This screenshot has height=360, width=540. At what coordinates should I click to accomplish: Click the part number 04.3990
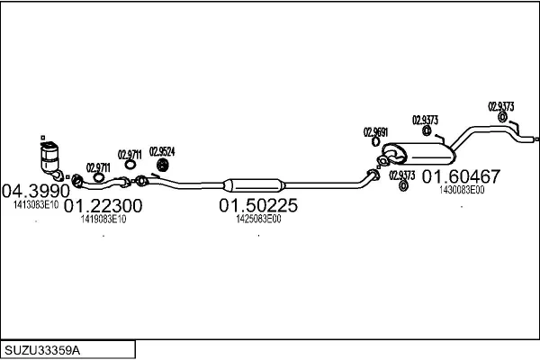[x=35, y=191]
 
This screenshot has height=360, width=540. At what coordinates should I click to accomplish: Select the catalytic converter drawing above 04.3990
[x=50, y=160]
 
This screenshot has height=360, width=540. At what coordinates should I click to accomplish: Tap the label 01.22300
[x=103, y=205]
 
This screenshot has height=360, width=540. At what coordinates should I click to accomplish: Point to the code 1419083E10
[x=103, y=219]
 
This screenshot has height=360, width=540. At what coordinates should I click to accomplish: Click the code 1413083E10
[x=36, y=204]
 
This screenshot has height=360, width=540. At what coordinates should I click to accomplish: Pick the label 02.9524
[x=162, y=151]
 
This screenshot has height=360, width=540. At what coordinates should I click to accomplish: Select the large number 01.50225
[x=258, y=205]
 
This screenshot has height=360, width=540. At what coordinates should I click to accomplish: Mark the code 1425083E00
[x=258, y=219]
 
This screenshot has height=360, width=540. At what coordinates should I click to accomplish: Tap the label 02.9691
[x=375, y=132]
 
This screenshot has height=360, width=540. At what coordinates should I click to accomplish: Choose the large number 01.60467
[x=462, y=176]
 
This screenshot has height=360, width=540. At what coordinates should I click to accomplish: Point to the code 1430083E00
[x=462, y=190]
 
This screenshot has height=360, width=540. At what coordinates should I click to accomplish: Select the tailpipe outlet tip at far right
[x=534, y=140]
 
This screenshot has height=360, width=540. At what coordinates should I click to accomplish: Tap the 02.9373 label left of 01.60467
[x=402, y=175]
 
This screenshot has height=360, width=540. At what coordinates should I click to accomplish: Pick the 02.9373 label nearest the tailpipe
[x=501, y=106]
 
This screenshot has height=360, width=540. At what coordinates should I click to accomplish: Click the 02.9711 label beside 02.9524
[x=130, y=154]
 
